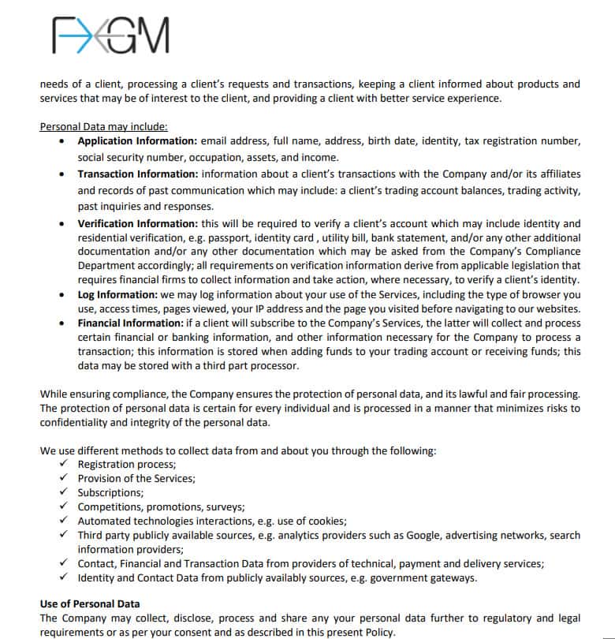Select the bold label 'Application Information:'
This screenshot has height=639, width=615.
[x=135, y=141]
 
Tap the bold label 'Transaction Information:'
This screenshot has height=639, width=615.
[x=137, y=174]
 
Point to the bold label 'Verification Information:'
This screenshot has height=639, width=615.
[x=137, y=224]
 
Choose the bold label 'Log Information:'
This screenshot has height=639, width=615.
[x=117, y=294]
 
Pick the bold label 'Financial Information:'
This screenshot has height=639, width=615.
[x=130, y=323]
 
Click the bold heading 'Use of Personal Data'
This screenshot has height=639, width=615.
[x=91, y=604]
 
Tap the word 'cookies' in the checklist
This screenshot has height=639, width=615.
[x=326, y=521]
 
